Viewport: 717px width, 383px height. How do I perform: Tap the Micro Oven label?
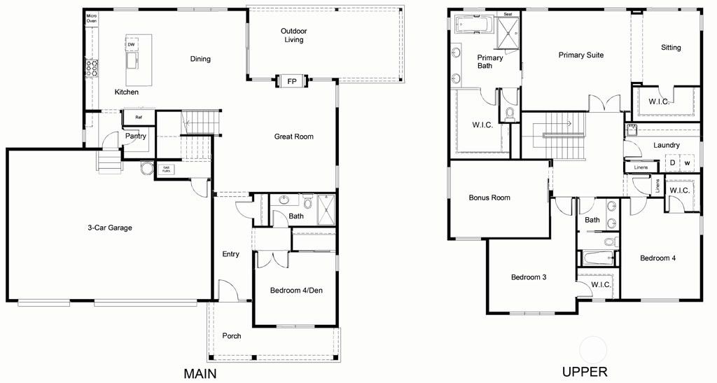click(91, 18)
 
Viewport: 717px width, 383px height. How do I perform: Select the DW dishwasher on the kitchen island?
click(131, 44)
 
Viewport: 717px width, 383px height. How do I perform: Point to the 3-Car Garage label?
click(110, 228)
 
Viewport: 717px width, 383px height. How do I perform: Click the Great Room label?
click(293, 137)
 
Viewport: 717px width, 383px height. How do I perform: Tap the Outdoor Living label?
click(294, 35)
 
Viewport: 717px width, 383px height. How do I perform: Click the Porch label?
click(232, 336)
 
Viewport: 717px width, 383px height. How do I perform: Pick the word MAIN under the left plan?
click(200, 373)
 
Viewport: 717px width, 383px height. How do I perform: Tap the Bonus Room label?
click(489, 198)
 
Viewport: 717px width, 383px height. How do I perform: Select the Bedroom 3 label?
click(529, 277)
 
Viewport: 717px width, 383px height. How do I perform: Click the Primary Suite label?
click(580, 55)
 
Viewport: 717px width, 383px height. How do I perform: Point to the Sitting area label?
click(671, 48)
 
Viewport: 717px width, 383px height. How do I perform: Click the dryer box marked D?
click(672, 163)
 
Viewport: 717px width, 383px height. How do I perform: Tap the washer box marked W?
click(688, 163)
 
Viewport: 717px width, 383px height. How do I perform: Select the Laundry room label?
click(667, 146)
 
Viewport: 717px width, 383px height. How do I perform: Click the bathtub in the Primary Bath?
click(474, 25)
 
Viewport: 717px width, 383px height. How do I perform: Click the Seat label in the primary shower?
click(508, 13)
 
